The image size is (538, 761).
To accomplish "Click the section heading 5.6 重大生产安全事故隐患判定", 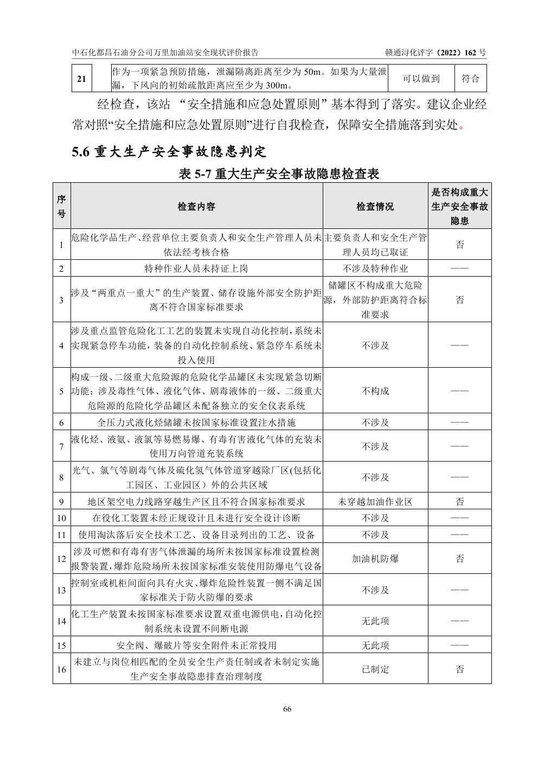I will [169, 151].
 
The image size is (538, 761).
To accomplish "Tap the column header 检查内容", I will [196, 207].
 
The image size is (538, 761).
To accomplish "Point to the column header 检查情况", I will [375, 207].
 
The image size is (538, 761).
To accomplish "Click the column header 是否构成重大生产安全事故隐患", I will [459, 207].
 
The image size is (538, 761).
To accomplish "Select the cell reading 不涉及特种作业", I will [375, 268].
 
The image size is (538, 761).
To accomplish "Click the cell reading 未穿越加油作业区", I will [375, 502].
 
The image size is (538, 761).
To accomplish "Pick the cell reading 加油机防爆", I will [375, 559].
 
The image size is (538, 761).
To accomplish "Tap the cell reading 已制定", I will [375, 669].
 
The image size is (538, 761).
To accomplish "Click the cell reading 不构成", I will [375, 391].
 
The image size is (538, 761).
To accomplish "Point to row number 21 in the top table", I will [81, 79].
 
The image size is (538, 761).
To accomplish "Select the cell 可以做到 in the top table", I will [421, 79].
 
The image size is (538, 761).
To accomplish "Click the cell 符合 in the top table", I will [470, 79].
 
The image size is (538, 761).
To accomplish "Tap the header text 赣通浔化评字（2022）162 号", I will [435, 53].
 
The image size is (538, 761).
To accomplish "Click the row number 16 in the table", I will [61, 669].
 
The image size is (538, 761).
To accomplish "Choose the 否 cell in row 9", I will [459, 502].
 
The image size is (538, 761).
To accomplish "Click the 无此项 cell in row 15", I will [375, 645].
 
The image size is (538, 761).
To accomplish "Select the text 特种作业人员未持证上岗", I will [196, 268].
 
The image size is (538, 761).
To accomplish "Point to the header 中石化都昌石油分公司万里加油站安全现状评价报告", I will [165, 53].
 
